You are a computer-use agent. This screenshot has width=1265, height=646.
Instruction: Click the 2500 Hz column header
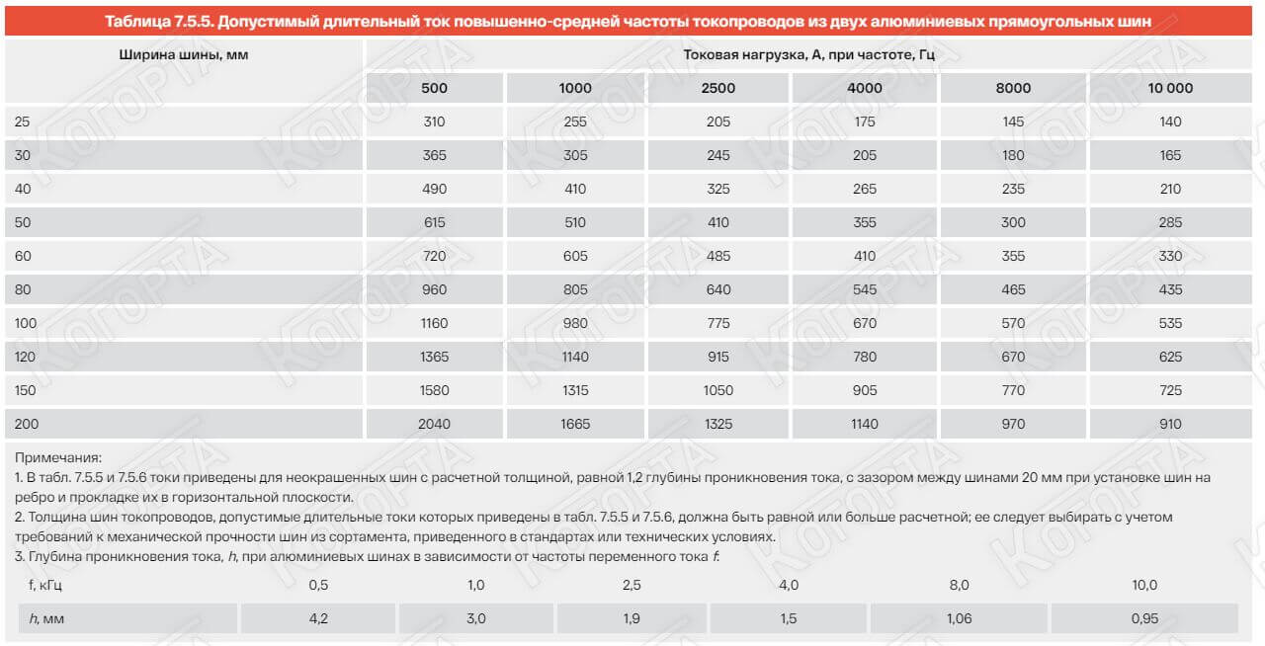coord(718,88)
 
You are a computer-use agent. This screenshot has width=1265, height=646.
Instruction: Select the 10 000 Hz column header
coord(1170,88)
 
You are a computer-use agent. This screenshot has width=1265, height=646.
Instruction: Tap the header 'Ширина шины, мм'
coord(183,55)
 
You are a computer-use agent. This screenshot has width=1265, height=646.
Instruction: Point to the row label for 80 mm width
coord(24,289)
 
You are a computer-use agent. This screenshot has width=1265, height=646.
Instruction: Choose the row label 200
coord(27,424)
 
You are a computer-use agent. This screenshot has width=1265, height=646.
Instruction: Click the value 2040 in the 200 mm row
coord(434,424)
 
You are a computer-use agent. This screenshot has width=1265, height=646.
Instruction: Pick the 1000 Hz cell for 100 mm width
coord(575,323)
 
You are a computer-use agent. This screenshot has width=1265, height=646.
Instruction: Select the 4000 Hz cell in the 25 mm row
coord(865,121)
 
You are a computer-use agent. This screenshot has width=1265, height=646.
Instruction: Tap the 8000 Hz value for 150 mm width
coord(1013,390)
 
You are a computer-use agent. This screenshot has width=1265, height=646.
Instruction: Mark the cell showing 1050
coord(718,390)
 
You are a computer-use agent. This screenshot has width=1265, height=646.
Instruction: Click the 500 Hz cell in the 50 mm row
coord(434,222)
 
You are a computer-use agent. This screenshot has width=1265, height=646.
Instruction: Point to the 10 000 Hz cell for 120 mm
coord(1170,357)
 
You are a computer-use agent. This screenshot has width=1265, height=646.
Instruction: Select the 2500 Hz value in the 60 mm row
coord(718,256)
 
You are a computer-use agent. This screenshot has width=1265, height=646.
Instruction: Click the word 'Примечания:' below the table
coord(58,457)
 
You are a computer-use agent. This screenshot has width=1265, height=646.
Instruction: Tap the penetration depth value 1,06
coord(959,618)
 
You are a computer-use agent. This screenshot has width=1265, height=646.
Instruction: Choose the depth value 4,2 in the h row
coord(318,618)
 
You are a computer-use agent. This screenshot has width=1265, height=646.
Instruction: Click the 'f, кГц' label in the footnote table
coord(46,585)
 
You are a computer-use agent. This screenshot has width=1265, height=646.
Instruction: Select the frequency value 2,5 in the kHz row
coord(632,585)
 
